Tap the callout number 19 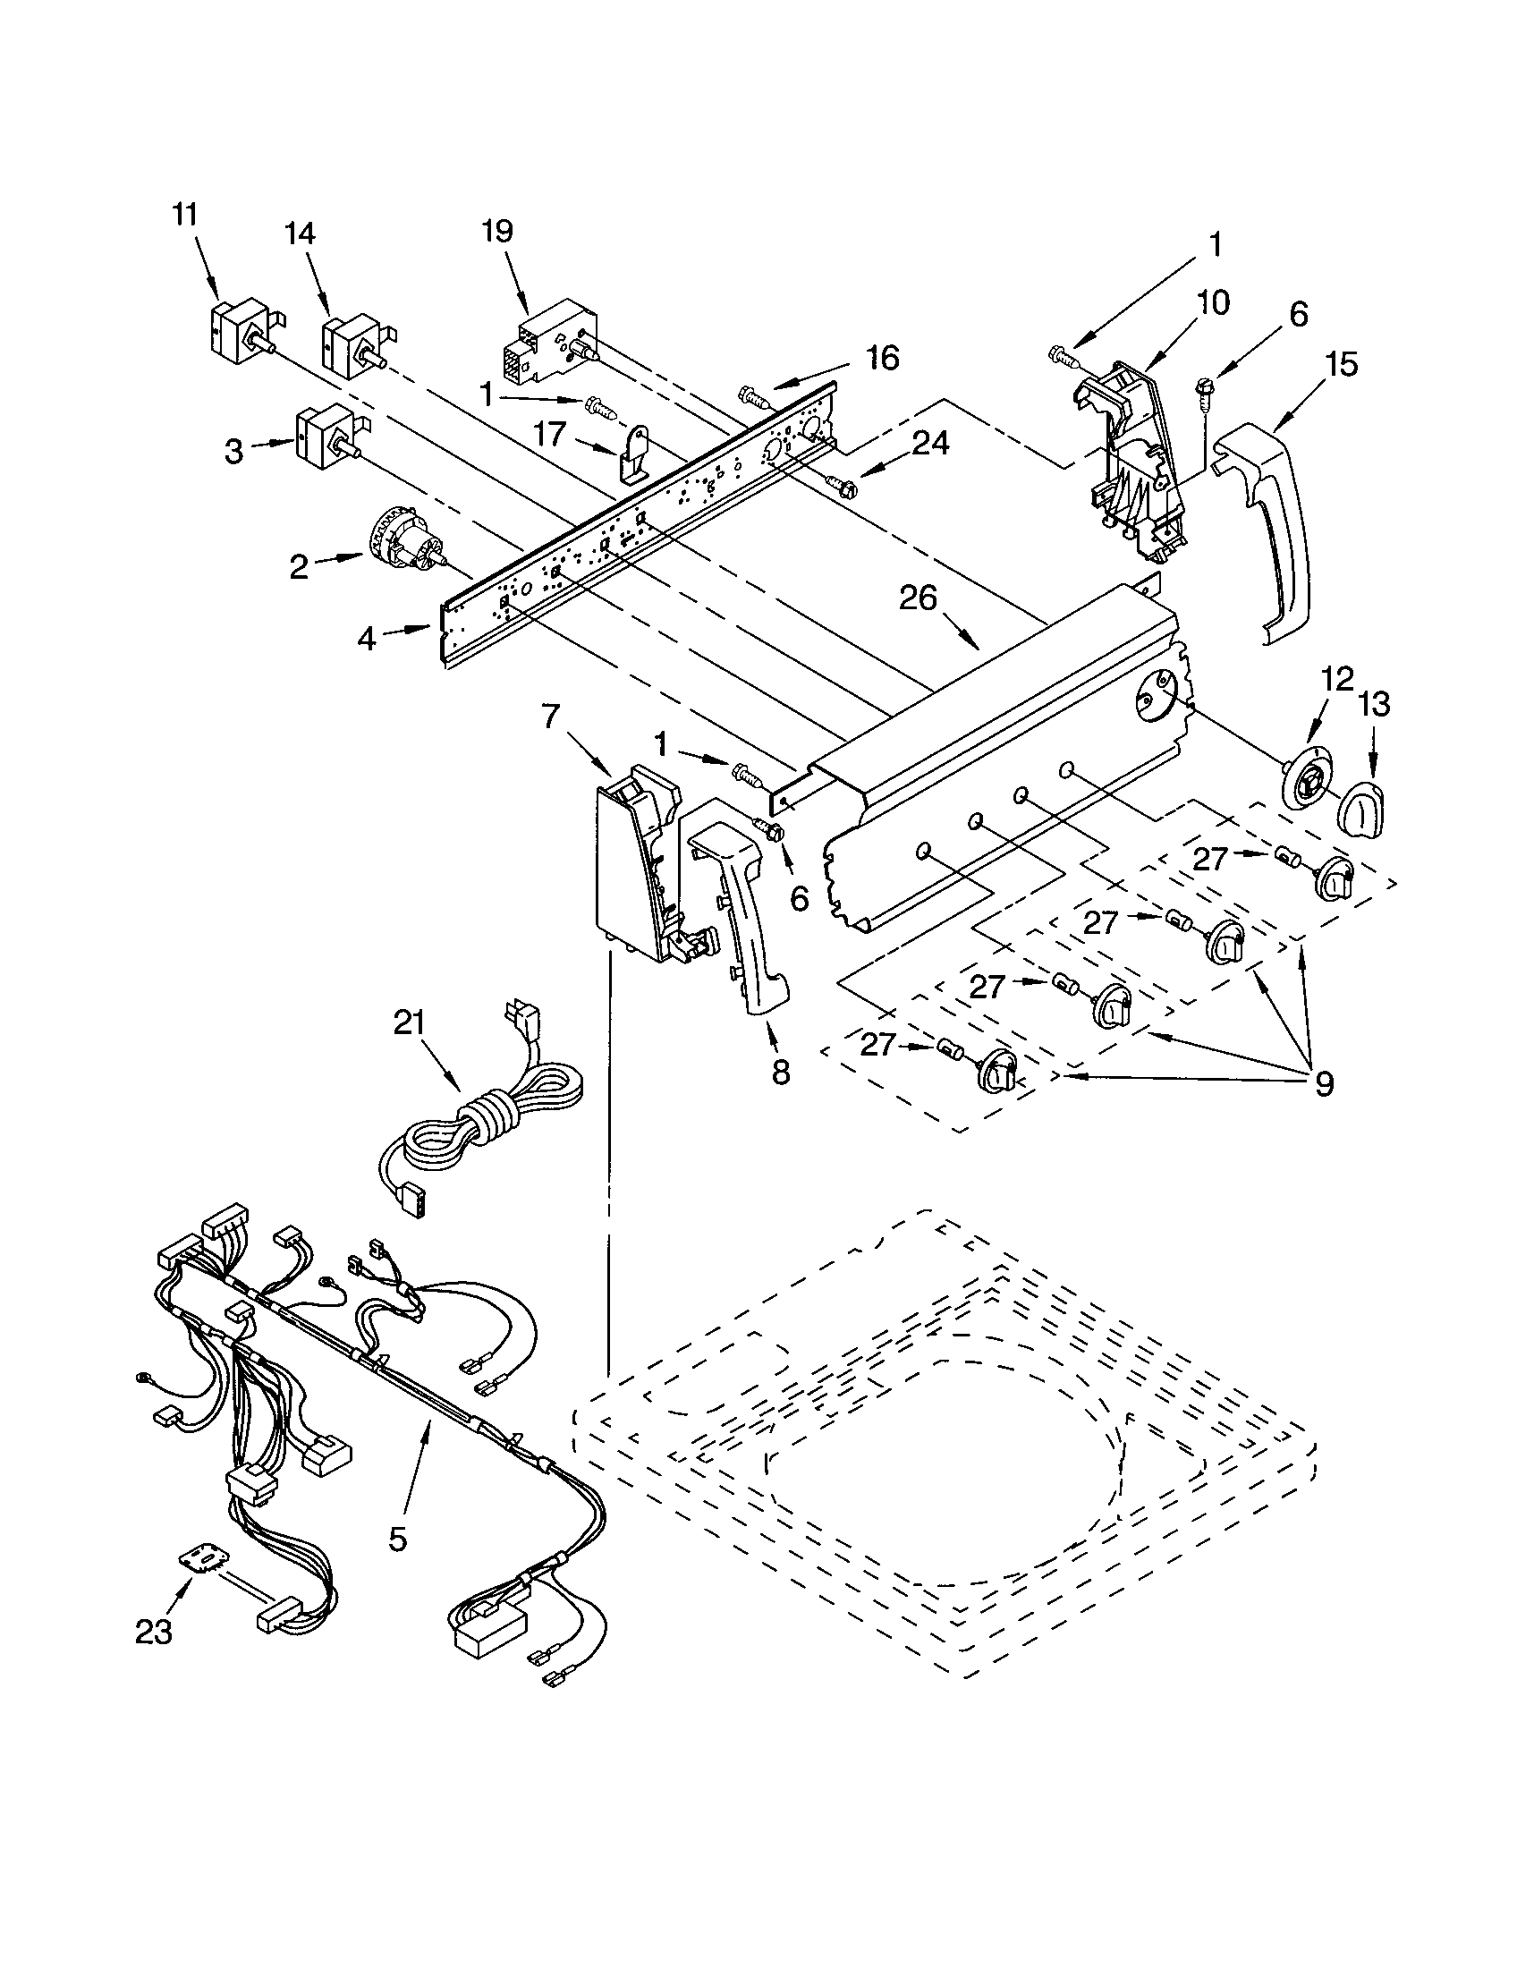tap(497, 232)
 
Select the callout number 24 tap(929, 444)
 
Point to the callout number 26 tap(918, 598)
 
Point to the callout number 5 tap(398, 1540)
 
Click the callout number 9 tap(1323, 1085)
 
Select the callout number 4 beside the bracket tap(366, 639)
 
